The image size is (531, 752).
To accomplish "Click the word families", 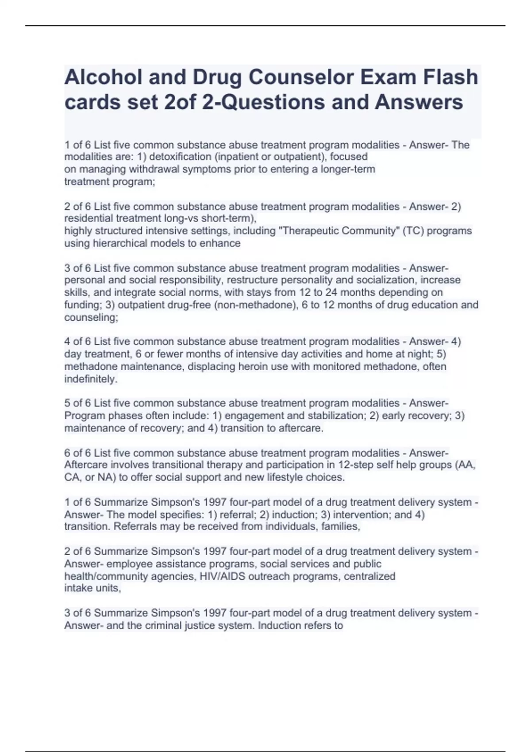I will (x=341, y=526).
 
